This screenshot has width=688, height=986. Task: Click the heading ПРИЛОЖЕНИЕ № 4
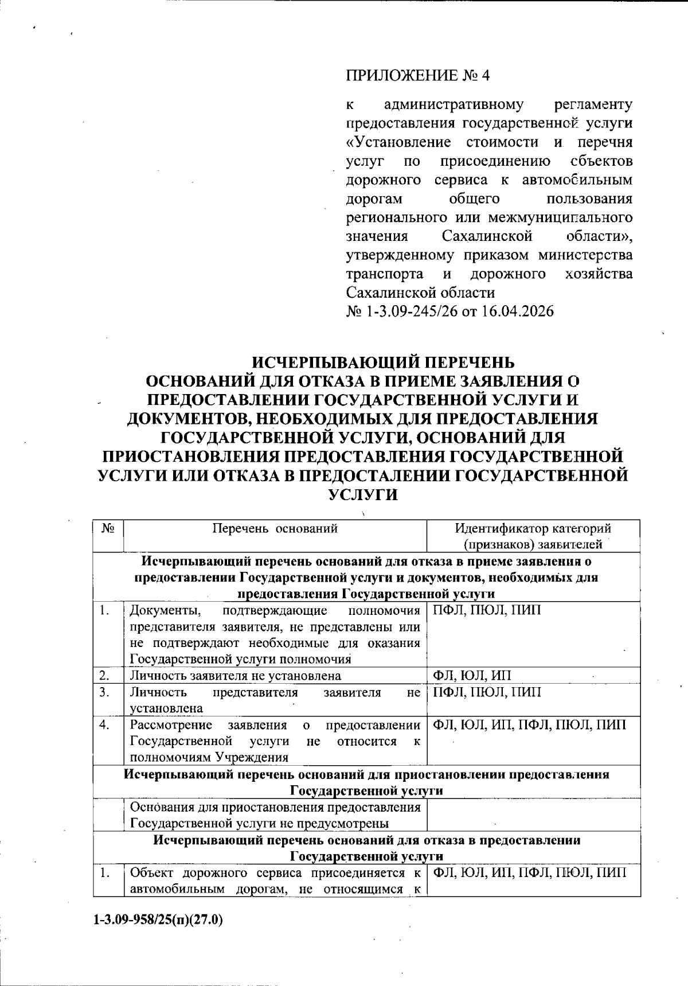[419, 76]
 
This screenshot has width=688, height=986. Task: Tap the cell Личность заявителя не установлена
[236, 675]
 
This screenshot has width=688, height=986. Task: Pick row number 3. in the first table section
[104, 692]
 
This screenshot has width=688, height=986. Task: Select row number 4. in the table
[104, 725]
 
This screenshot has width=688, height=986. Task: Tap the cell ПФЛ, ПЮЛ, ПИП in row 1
[487, 610]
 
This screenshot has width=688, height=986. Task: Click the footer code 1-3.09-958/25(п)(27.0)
[158, 920]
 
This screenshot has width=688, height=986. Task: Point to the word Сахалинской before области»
[487, 236]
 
